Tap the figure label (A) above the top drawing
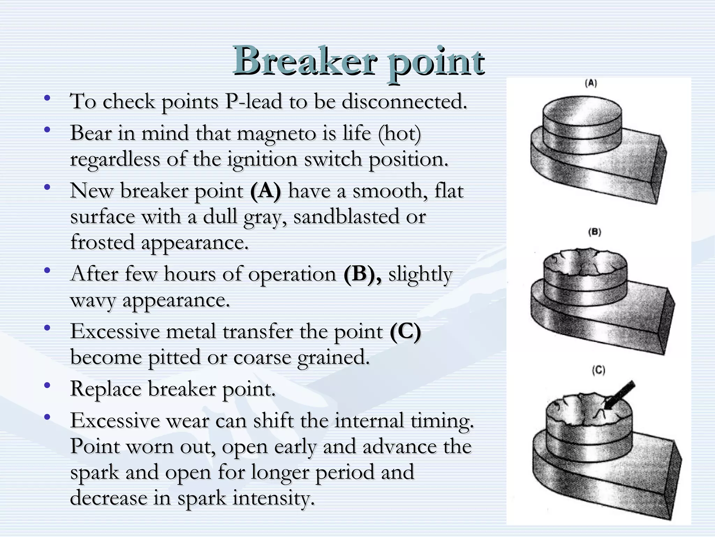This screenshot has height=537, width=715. pos(591,83)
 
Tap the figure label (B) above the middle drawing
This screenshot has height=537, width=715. pos(595,232)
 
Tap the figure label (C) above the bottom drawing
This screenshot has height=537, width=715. pos(598,370)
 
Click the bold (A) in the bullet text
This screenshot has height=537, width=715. pos(265,191)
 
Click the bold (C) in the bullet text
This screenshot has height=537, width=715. pos(405,331)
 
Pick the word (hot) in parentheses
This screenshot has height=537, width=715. pos(400,134)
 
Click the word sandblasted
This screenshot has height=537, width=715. pos(346,217)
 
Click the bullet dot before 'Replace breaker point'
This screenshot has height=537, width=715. pos(47,386)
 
